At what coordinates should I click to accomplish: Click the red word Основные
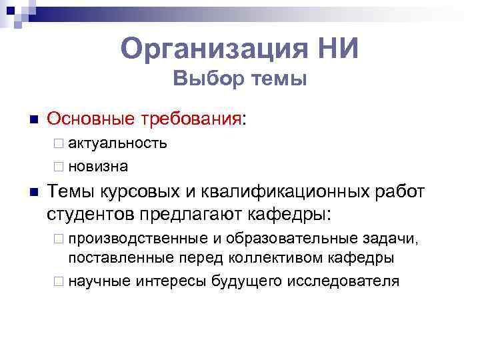(x=91, y=119)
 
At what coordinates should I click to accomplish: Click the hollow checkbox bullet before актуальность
(x=59, y=143)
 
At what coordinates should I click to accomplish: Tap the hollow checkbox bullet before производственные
(x=59, y=239)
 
